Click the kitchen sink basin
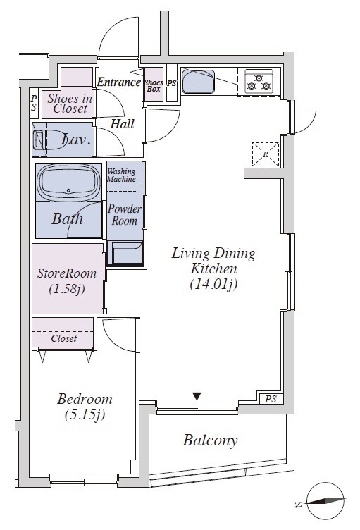pyautogui.click(x=199, y=81)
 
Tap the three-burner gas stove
pyautogui.click(x=259, y=82)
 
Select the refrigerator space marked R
pyautogui.click(x=266, y=154)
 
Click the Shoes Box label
pyautogui.click(x=154, y=85)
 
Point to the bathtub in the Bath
pyautogui.click(x=68, y=183)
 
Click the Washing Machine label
pyautogui.click(x=122, y=175)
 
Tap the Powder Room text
pyautogui.click(x=125, y=215)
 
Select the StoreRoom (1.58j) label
pyautogui.click(x=67, y=281)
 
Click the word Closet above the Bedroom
pyautogui.click(x=64, y=338)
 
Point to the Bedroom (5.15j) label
pyautogui.click(x=85, y=407)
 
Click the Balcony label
pyautogui.click(x=210, y=440)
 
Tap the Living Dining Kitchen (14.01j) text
pyautogui.click(x=213, y=269)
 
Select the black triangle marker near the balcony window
pyautogui.click(x=197, y=396)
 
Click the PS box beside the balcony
pyautogui.click(x=271, y=399)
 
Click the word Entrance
pyautogui.click(x=118, y=82)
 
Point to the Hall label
pyautogui.click(x=123, y=124)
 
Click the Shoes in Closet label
pyautogui.click(x=70, y=104)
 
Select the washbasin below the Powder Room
pyautogui.click(x=125, y=253)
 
